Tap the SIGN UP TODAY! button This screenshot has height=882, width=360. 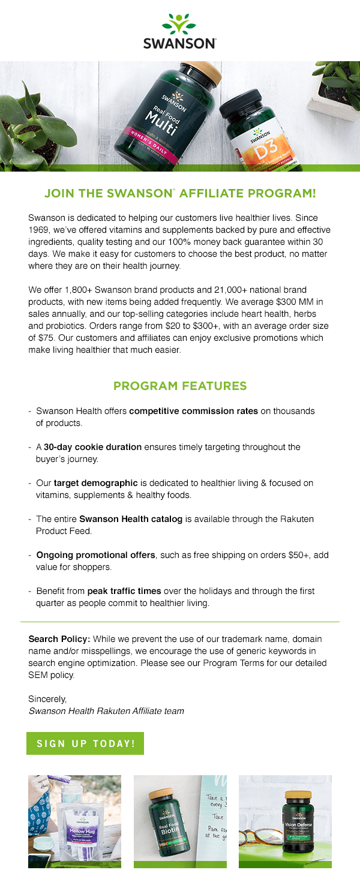point(85,743)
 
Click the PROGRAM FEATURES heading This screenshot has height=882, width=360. point(180,386)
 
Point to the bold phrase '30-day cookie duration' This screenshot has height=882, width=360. point(92,447)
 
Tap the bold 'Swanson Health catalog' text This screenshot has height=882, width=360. point(131,519)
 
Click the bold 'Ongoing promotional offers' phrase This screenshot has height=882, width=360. point(95,555)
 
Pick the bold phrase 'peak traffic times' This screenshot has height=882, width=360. point(124,591)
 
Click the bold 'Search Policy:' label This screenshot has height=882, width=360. point(59,639)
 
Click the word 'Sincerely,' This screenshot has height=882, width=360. point(47,699)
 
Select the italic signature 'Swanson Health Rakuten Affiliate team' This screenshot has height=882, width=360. point(106,711)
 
